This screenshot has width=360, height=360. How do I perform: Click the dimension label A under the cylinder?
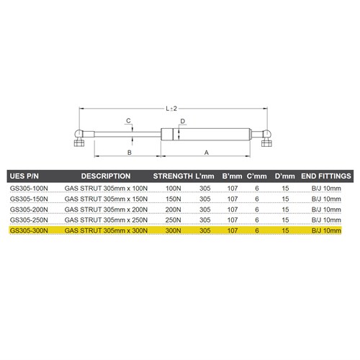pos(207,153)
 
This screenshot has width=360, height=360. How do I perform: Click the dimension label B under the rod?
pos(129,153)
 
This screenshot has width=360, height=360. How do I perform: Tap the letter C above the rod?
pos(127,121)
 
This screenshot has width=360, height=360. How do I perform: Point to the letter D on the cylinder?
pos(183,121)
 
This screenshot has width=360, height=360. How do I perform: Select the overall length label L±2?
pos(171,109)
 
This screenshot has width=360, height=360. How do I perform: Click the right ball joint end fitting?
pos(266,136)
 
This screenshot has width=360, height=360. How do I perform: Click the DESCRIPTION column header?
pos(105,176)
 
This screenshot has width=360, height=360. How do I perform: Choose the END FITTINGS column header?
pos(325,176)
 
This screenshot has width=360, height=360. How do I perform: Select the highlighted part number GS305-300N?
pos(28,230)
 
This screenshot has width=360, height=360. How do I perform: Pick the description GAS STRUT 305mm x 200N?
pos(106,209)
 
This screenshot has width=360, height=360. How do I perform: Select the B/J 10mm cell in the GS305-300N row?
pos(325,230)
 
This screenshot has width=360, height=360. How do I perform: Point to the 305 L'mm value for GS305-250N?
pos(204,220)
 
